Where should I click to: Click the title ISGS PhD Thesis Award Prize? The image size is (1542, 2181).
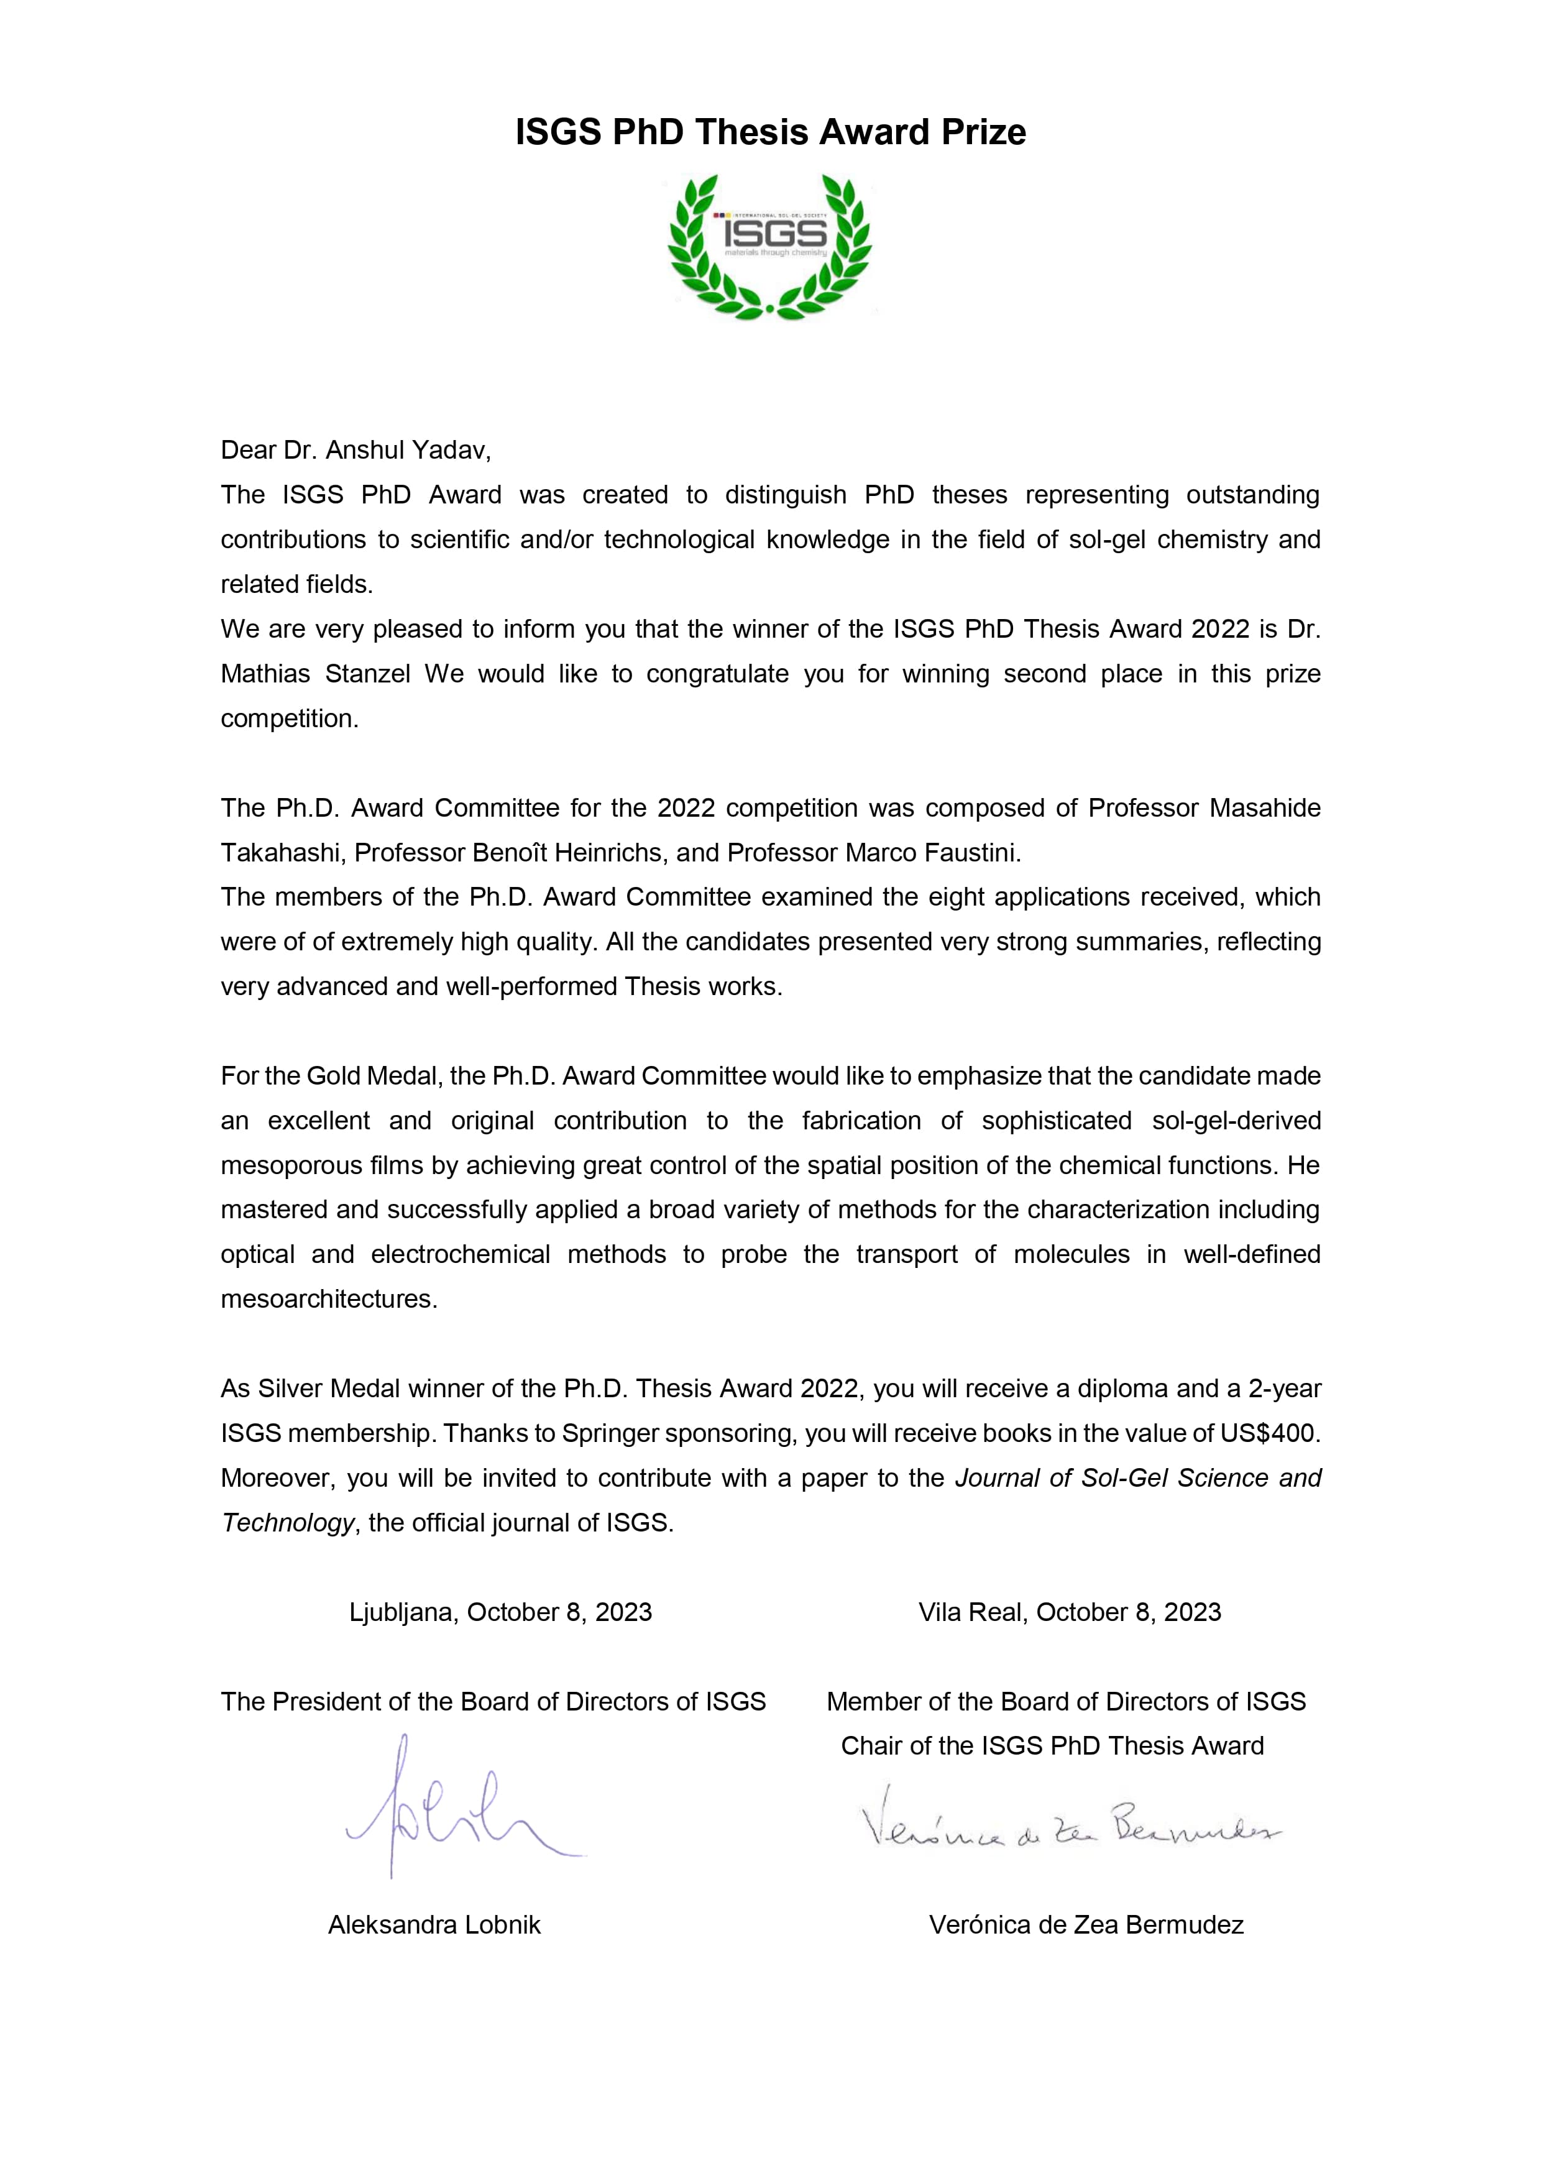click(771, 132)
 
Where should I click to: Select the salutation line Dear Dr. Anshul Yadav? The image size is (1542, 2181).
click(356, 450)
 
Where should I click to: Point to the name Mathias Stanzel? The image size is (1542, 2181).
click(316, 674)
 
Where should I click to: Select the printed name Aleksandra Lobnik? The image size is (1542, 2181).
click(434, 1924)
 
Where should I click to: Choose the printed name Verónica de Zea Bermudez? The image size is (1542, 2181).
click(1086, 1924)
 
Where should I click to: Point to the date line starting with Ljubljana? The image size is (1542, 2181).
click(501, 1612)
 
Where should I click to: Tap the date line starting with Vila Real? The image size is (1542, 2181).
click(1070, 1612)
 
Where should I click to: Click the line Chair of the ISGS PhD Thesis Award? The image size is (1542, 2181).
click(1052, 1746)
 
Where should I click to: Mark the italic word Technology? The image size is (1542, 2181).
click(288, 1523)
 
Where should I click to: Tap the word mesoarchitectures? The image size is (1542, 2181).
click(329, 1300)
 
